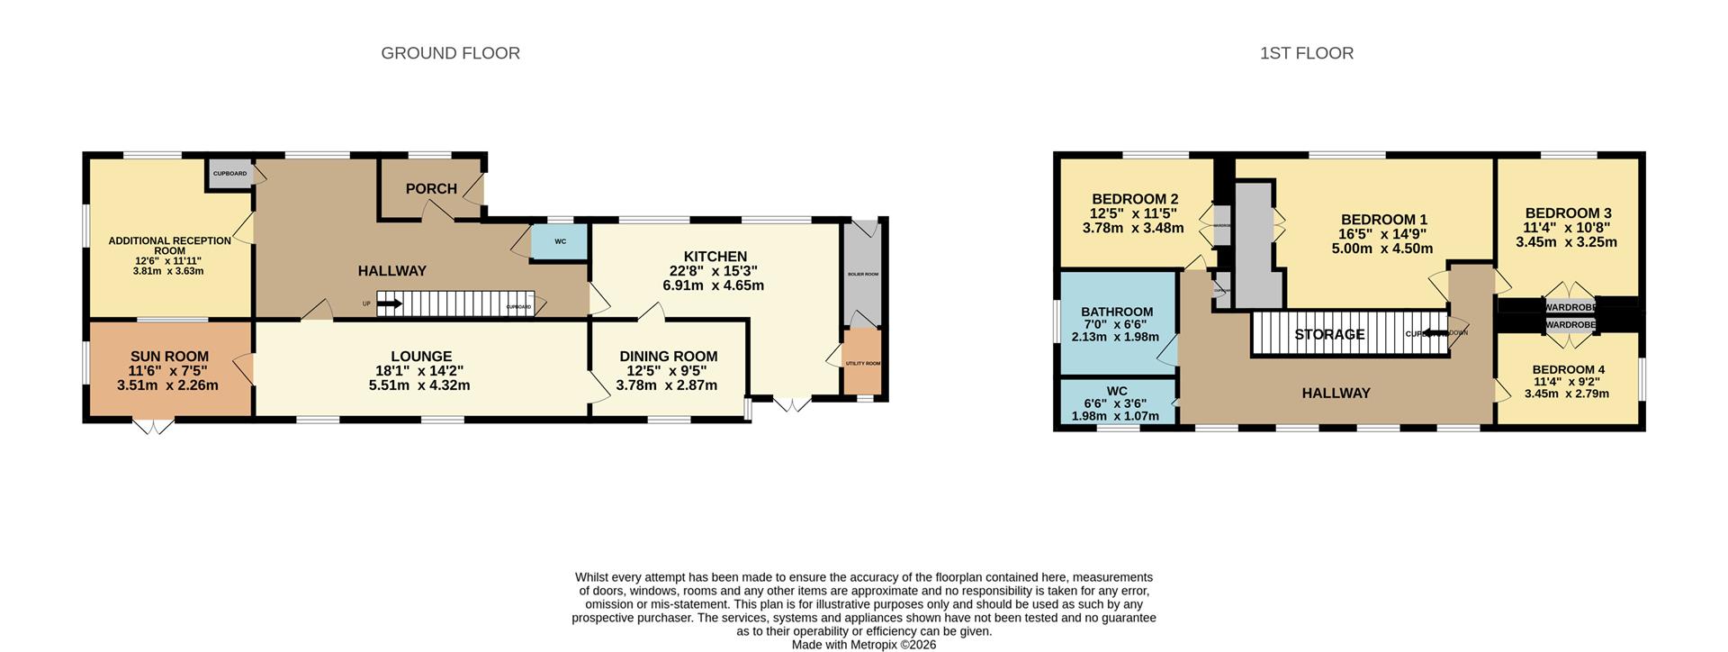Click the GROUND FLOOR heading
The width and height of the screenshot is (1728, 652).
point(450,53)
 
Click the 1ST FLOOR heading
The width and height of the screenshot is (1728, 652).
point(1306,53)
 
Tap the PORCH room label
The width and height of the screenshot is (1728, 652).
point(431,188)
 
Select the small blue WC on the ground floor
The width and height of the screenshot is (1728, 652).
point(560,241)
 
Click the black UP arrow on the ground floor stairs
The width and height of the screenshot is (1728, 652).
point(390,304)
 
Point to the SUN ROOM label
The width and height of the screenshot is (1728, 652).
point(169,357)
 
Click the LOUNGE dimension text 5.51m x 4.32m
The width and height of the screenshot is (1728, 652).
point(419,385)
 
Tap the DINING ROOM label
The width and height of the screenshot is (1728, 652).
point(668,357)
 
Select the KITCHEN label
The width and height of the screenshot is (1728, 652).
point(715,257)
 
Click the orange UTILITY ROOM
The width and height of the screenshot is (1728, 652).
point(862,363)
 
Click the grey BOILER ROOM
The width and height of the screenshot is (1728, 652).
point(862,274)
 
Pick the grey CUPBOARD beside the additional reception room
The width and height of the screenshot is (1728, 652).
point(230,173)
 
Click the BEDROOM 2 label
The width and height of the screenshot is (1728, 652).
point(1134,199)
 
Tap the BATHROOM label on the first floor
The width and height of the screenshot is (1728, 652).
point(1117,312)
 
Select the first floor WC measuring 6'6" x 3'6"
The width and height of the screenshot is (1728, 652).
point(1117,403)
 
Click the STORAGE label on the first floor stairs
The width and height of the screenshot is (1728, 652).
point(1329,334)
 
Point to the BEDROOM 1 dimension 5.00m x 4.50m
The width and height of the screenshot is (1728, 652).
point(1383,249)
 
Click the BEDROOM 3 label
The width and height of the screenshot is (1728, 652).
point(1567,213)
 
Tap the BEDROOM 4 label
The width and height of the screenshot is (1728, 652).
point(1568,369)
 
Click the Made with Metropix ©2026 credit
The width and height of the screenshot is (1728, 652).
point(863,645)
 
